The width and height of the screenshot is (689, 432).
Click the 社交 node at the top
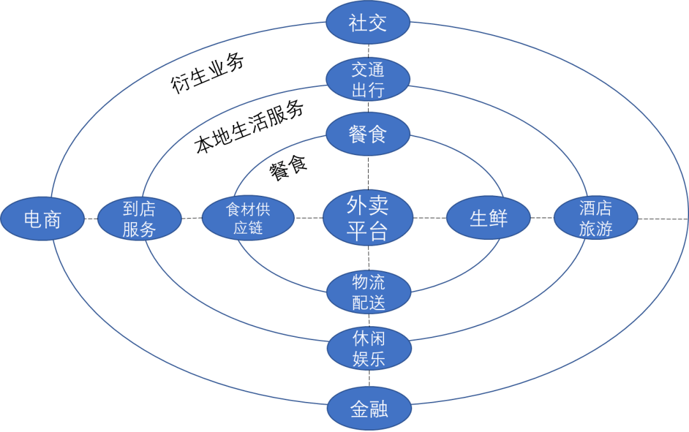[368, 23]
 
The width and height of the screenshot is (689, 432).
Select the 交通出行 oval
[368, 80]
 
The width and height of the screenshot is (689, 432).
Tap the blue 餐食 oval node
[368, 135]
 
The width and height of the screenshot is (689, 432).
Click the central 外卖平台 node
[367, 218]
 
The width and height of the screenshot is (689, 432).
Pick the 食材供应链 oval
[248, 218]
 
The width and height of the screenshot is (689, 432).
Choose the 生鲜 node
[488, 218]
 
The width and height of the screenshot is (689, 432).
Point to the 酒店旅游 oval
[596, 218]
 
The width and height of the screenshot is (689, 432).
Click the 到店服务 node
[139, 219]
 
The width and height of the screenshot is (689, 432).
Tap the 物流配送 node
[368, 292]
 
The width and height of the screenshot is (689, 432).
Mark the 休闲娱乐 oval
[368, 348]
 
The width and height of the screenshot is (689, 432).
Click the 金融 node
[369, 409]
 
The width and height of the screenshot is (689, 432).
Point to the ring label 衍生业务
[207, 75]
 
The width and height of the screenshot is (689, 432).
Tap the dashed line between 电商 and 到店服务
[90, 219]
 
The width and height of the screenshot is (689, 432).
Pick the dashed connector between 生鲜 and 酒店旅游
[542, 218]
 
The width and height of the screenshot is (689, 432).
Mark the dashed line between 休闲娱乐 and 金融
[368, 380]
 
